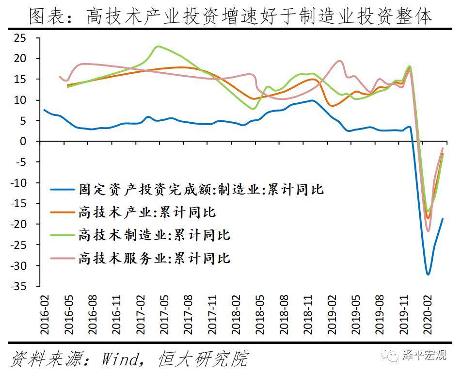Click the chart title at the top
coord(230,16)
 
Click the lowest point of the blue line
coord(428,274)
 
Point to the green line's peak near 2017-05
coord(158,47)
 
